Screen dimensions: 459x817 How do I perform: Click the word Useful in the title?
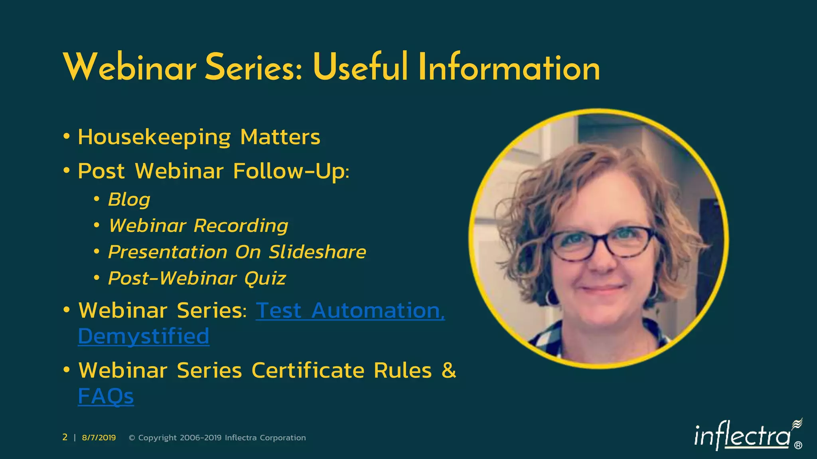click(x=360, y=68)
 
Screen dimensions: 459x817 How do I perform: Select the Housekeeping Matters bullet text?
click(x=199, y=137)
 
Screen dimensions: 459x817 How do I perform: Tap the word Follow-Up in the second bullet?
click(x=290, y=171)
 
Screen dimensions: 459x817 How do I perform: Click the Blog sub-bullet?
click(x=129, y=199)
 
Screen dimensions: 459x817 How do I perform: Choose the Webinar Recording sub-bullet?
click(x=198, y=226)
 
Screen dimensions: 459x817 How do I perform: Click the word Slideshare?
click(x=317, y=252)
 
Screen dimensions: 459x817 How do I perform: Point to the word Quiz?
click(x=265, y=278)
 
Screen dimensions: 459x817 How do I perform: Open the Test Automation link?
click(x=349, y=310)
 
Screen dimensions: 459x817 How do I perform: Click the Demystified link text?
click(x=144, y=336)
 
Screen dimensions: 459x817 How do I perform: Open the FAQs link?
click(x=106, y=396)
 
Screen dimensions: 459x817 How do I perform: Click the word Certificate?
click(x=308, y=371)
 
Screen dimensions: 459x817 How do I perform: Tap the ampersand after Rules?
click(x=449, y=370)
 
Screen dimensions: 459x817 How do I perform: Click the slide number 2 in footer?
click(x=65, y=437)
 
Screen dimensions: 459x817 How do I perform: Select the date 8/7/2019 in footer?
click(x=99, y=437)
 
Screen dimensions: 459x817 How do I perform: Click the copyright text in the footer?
click(x=217, y=437)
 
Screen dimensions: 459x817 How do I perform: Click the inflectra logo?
click(x=742, y=436)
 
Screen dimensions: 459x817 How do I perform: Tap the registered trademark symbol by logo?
click(x=798, y=445)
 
